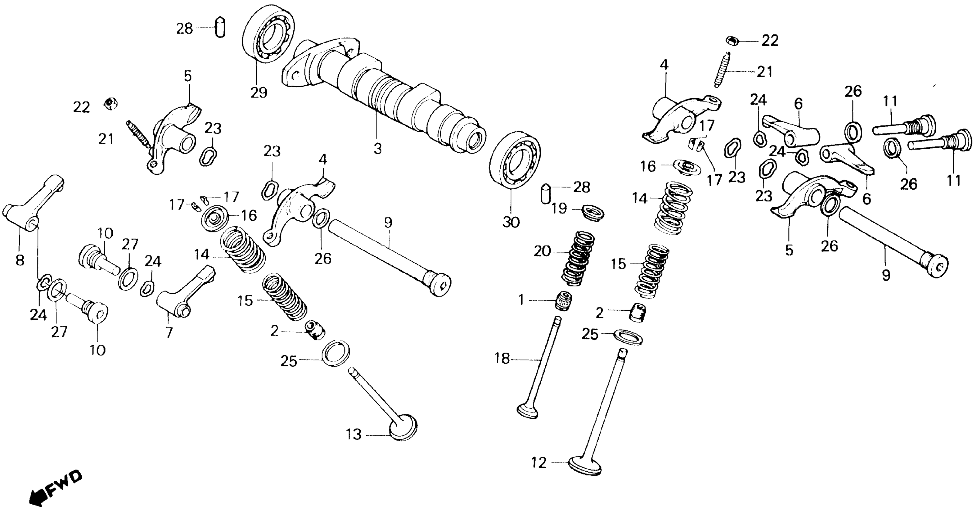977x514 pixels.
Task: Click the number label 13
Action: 354,434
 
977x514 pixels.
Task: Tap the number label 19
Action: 559,209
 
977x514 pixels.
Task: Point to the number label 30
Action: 511,222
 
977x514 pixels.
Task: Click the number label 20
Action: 542,251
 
